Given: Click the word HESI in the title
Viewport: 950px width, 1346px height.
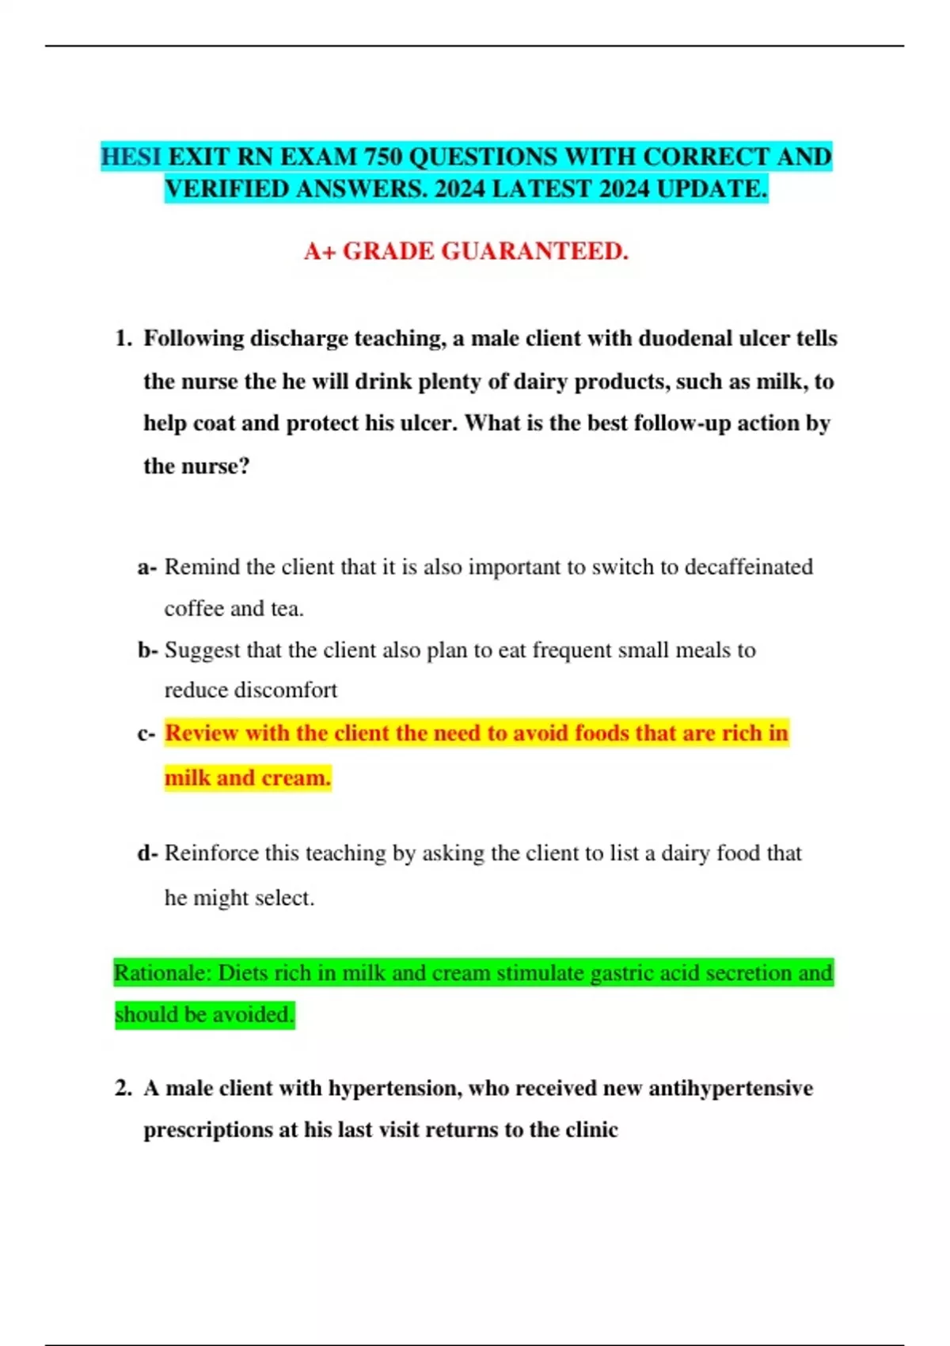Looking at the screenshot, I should pos(131,157).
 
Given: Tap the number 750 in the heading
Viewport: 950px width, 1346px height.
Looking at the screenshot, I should pos(382,157).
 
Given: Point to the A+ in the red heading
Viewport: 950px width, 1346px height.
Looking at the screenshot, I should pos(320,251).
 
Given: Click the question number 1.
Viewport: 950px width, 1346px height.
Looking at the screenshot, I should pos(123,339).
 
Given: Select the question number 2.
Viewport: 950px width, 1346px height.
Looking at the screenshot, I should pos(123,1088).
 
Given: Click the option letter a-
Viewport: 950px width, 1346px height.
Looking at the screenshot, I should pos(147,568).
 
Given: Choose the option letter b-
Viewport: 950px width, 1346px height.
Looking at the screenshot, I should pos(148,650).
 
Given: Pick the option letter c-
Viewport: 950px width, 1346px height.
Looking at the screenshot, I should pos(146,734).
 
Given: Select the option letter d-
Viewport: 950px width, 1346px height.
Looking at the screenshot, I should pos(148,854).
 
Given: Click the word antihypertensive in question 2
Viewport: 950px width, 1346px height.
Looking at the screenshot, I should pos(730,1088).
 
